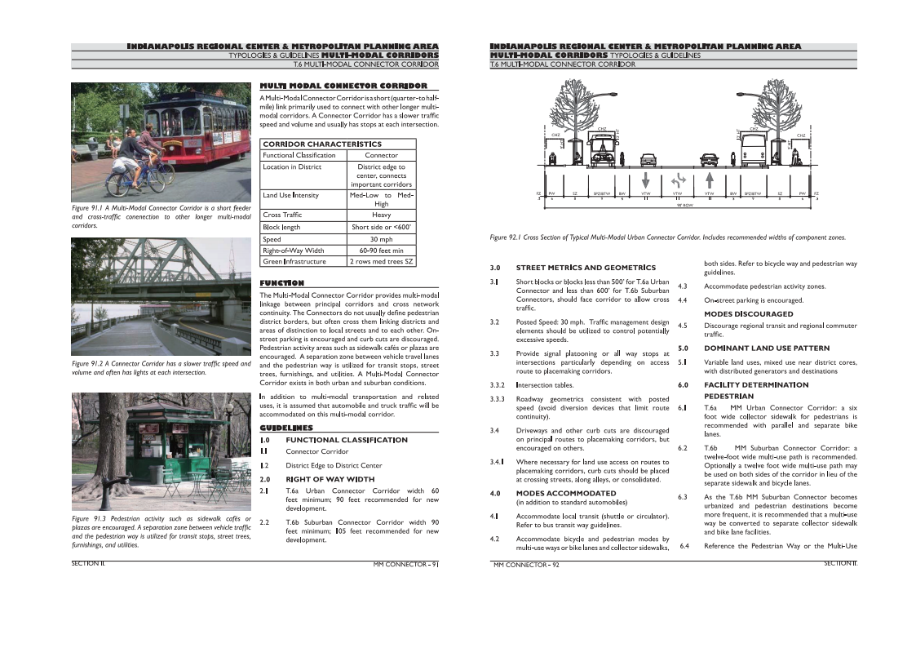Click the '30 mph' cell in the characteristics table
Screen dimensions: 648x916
click(x=381, y=239)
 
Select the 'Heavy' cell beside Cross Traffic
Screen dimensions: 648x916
click(x=381, y=215)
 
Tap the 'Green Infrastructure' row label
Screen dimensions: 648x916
click(x=294, y=262)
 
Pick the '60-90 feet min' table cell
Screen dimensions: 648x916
click(x=381, y=251)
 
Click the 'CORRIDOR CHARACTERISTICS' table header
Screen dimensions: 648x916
click(x=321, y=144)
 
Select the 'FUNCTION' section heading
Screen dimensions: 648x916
click(x=281, y=282)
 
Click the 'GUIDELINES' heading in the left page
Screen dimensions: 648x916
click(x=285, y=428)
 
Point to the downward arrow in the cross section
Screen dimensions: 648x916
click(x=646, y=179)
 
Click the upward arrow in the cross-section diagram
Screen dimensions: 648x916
click(x=710, y=179)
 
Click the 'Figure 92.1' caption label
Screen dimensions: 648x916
click(x=508, y=237)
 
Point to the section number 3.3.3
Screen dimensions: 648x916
click(x=498, y=399)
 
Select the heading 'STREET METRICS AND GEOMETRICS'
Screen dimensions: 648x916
click(x=586, y=268)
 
